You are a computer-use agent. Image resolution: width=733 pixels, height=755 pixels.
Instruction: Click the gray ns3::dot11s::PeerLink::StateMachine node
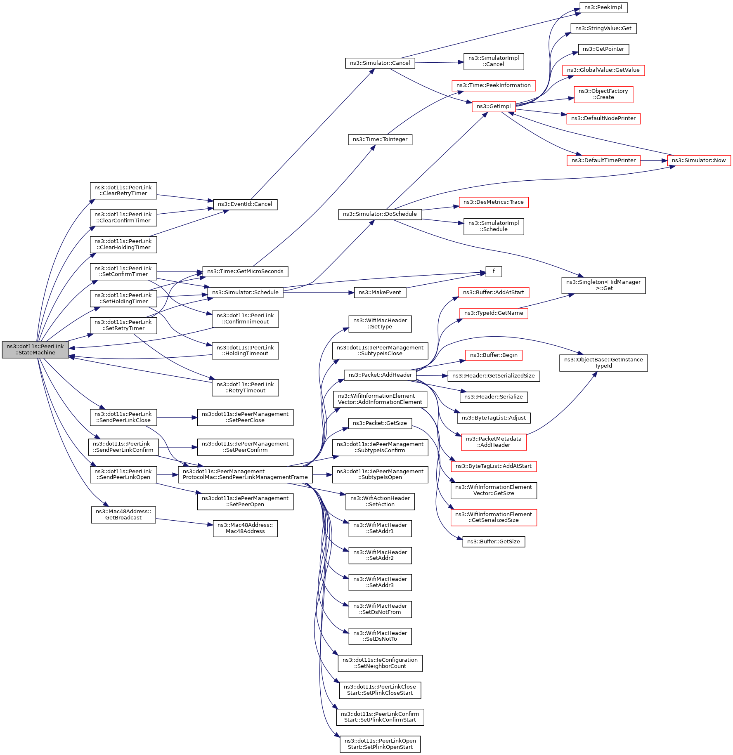(35, 349)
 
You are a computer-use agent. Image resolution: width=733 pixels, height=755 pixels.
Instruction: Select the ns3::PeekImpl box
(603, 7)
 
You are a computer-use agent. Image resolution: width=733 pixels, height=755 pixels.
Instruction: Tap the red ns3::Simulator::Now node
(699, 160)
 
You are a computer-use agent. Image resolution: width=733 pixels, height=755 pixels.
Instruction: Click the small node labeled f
(494, 271)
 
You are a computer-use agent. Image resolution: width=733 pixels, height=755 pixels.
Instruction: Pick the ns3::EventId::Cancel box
(245, 204)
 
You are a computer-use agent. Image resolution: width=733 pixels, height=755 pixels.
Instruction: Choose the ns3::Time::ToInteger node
(380, 139)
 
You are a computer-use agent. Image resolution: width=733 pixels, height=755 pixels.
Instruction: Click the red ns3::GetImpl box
(494, 106)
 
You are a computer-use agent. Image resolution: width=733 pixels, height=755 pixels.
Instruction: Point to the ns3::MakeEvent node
(380, 293)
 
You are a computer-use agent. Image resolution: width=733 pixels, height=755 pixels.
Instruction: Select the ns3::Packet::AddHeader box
(380, 375)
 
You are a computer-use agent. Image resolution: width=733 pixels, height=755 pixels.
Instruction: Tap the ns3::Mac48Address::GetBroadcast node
(123, 514)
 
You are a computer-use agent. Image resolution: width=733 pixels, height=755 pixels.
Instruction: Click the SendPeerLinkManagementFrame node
(245, 474)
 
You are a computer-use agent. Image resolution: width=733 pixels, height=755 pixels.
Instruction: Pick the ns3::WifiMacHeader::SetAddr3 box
(380, 582)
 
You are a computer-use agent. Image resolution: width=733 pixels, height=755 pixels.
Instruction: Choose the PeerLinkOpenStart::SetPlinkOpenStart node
(380, 744)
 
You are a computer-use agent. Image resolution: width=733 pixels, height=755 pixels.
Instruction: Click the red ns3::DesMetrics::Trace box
(494, 202)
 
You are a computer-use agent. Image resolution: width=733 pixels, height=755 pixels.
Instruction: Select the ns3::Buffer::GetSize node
(494, 542)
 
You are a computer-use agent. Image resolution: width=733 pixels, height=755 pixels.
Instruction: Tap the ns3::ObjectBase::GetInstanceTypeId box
(603, 363)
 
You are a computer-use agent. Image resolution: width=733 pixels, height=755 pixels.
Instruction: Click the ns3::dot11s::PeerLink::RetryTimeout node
(245, 387)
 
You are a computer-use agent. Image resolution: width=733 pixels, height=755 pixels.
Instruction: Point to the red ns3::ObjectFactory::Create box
(603, 94)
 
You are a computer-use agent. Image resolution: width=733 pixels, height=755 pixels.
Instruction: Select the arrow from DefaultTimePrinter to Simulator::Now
(654, 160)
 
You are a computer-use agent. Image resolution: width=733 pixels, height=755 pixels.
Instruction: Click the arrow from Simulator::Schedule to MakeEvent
(319, 293)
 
